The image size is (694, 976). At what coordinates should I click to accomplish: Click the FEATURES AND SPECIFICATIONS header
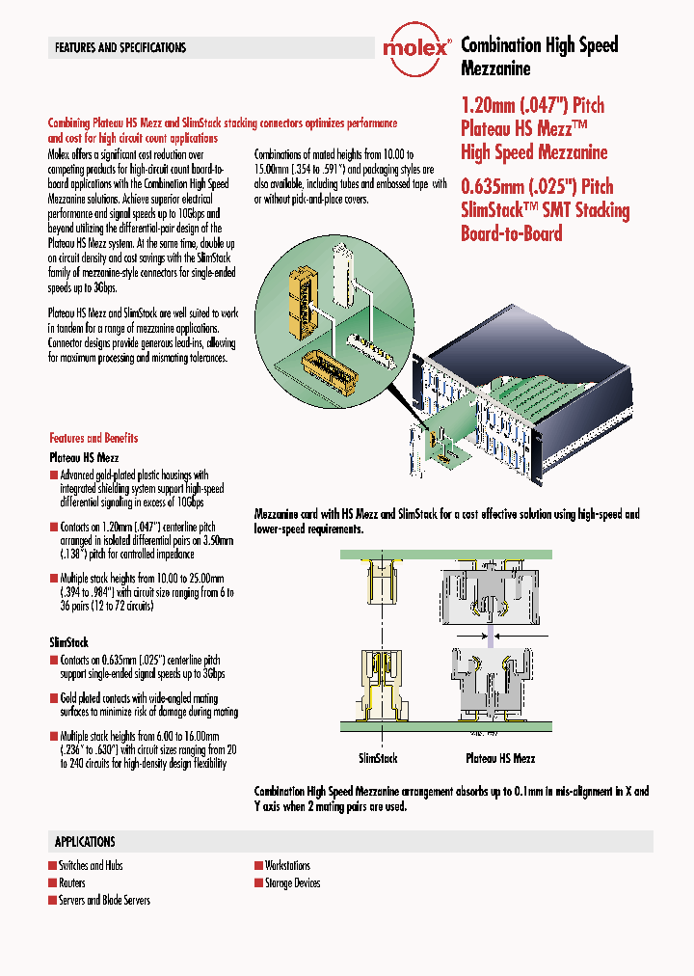tap(120, 47)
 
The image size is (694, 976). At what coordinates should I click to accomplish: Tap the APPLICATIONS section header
tap(85, 841)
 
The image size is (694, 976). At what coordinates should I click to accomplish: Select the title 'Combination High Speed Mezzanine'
tap(539, 56)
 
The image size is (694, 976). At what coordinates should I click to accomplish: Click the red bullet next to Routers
tap(52, 883)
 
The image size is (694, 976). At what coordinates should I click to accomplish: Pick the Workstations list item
tap(287, 866)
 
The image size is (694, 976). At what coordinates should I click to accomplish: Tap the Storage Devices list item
tap(292, 883)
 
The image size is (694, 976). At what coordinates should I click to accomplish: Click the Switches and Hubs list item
tap(91, 866)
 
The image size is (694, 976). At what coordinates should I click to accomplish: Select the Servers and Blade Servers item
tap(104, 901)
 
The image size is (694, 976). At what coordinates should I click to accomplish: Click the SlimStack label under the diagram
tap(378, 759)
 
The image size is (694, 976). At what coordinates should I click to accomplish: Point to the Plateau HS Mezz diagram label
tap(500, 759)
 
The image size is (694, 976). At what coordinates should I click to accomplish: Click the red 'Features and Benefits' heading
tap(93, 438)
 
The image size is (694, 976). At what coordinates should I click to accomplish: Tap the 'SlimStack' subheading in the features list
tap(68, 641)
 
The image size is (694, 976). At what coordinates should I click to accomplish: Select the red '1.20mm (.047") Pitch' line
tap(532, 105)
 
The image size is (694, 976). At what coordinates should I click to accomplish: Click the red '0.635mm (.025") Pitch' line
tap(537, 186)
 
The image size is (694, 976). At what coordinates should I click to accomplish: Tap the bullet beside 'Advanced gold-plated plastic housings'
tap(53, 475)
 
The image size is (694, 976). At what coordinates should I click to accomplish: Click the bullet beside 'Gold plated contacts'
tap(53, 698)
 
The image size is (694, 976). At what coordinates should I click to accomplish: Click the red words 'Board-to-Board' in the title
tap(511, 233)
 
